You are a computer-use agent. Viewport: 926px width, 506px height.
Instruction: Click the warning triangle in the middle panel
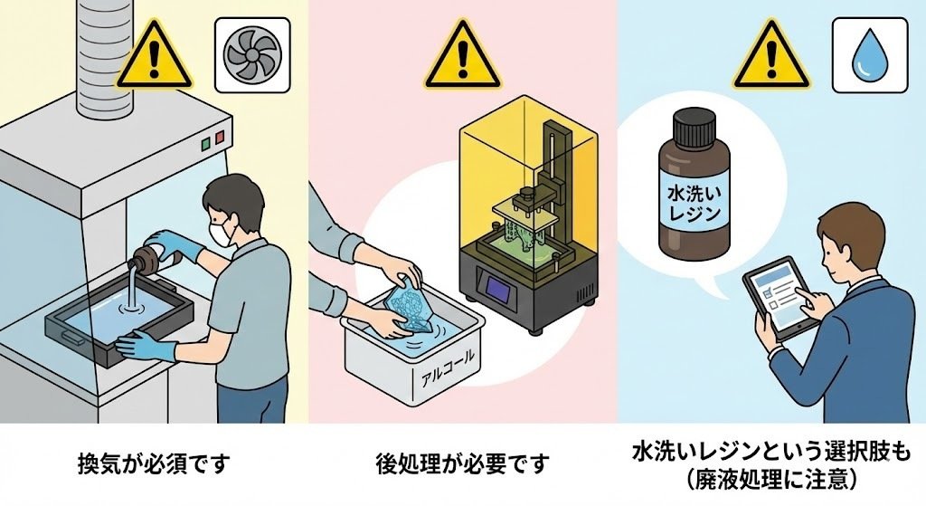[463, 57]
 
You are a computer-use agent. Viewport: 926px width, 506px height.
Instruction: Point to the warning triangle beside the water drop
[771, 57]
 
